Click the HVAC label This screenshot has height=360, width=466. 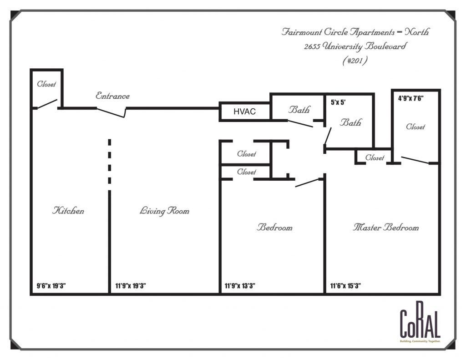tap(244, 112)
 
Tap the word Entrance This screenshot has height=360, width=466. tap(112, 96)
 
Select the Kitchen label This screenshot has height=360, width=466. tap(68, 211)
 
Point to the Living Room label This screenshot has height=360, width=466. tap(164, 211)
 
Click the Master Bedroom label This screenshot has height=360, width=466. tap(385, 227)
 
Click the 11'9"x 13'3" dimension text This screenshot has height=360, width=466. tap(240, 286)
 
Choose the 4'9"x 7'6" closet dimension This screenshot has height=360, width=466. tap(411, 97)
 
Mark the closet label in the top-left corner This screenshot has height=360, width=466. tap(46, 84)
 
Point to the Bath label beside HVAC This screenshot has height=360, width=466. tap(299, 110)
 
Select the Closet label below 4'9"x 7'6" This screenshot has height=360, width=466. tap(415, 127)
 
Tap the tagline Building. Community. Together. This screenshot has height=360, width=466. tap(420, 341)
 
